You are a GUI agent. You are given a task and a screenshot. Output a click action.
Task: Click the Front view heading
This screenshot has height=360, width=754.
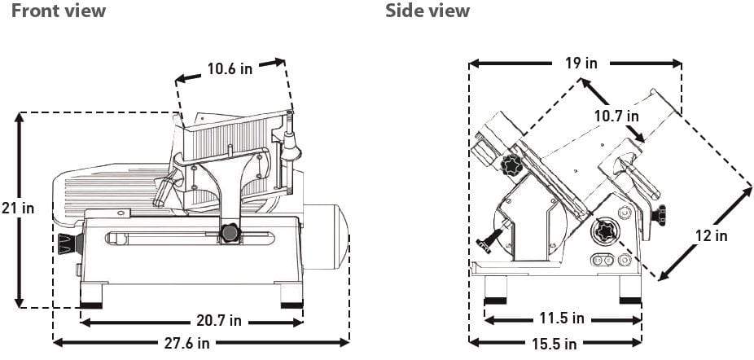click(59, 11)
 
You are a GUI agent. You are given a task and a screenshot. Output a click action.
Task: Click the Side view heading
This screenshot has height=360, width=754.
click(427, 11)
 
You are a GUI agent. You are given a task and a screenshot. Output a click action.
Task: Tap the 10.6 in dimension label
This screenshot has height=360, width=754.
click(230, 69)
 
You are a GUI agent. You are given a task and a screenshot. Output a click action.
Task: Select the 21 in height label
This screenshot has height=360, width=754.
click(18, 209)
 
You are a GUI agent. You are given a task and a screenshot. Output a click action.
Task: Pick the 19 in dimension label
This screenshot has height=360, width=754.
click(580, 63)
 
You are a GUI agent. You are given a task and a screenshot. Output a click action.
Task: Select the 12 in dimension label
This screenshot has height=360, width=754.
click(711, 236)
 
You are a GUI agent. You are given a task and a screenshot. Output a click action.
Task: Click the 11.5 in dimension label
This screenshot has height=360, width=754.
click(561, 318)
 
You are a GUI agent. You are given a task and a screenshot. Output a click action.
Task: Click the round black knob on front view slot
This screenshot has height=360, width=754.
click(230, 235)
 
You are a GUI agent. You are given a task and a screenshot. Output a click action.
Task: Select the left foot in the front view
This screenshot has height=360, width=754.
click(91, 295)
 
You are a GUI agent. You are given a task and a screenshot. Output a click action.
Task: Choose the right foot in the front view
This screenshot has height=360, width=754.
click(292, 295)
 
